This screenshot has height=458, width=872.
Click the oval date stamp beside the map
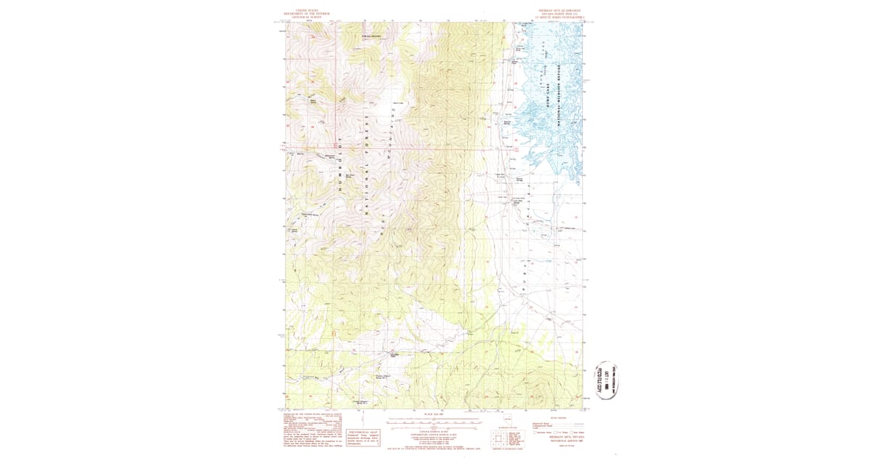tap(607, 379)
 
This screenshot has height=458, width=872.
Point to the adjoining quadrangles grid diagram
tap(500, 436)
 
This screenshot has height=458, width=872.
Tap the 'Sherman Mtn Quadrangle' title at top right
tap(560, 13)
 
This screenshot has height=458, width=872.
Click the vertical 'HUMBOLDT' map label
tap(339, 164)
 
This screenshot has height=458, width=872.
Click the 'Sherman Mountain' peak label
tap(371, 36)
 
